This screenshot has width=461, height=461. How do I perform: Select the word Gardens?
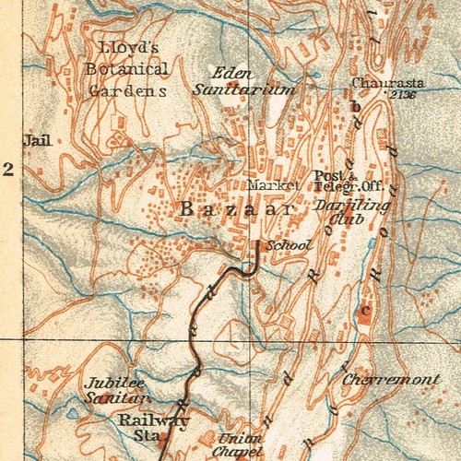tap(128, 90)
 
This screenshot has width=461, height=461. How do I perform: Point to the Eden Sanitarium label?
tap(244, 81)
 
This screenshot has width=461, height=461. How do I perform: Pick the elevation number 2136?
tap(402, 94)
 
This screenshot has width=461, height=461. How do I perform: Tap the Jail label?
tap(39, 141)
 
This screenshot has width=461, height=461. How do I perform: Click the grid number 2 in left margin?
tap(9, 169)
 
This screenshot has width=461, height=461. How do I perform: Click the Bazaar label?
tap(237, 210)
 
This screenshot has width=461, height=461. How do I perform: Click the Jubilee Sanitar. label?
tap(116, 391)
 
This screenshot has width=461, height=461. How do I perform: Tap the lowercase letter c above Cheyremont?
tap(365, 310)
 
